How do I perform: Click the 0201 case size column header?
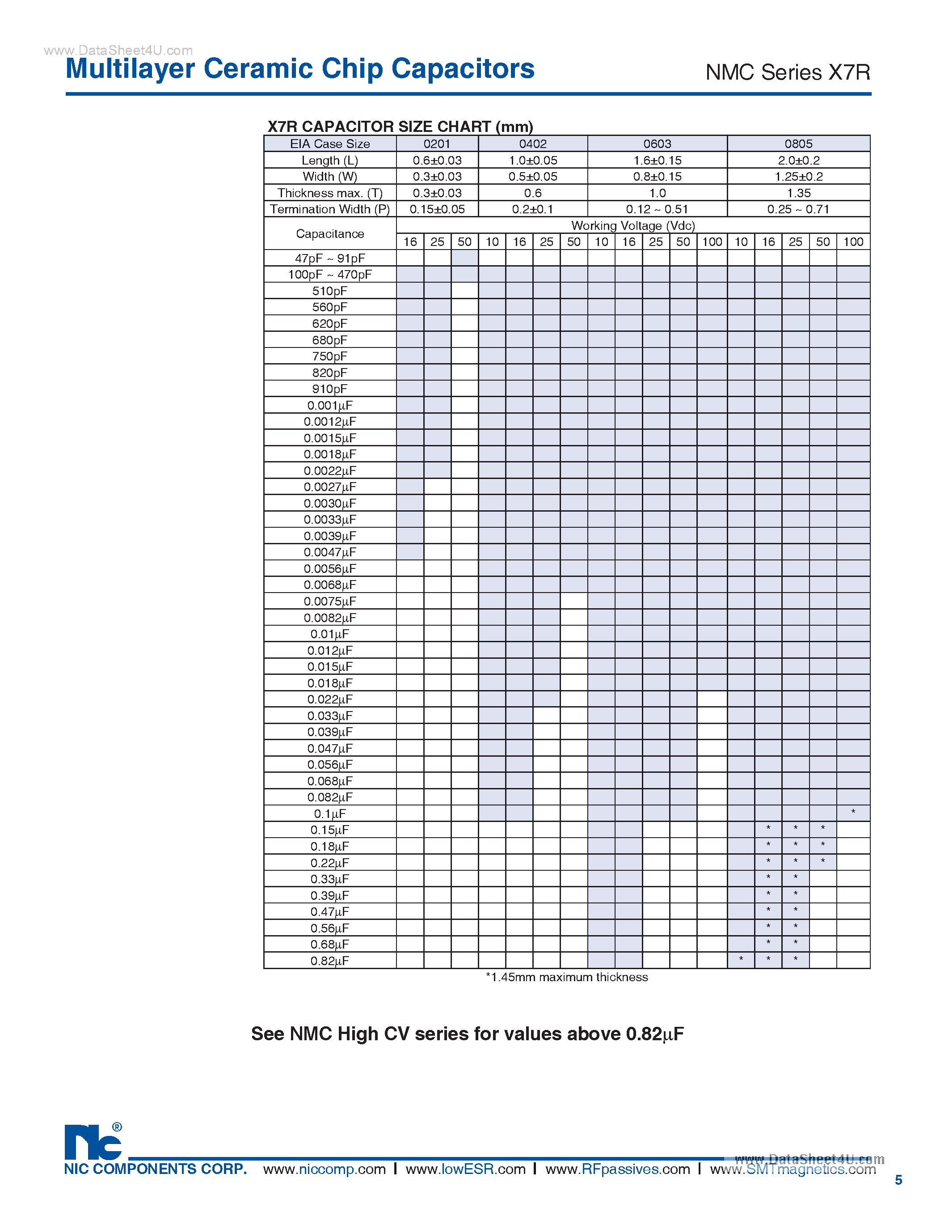click(437, 144)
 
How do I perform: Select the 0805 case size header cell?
click(798, 144)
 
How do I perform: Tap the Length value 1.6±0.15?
click(657, 161)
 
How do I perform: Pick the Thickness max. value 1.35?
click(798, 193)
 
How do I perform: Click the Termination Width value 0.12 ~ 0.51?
click(657, 209)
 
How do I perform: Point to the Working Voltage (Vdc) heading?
click(633, 225)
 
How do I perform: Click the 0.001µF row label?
click(329, 405)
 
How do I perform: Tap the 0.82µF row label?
click(329, 961)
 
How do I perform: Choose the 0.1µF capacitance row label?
click(329, 814)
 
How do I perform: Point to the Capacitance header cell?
click(329, 234)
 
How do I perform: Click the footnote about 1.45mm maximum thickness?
click(566, 977)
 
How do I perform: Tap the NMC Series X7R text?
click(788, 72)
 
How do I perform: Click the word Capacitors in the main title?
click(463, 69)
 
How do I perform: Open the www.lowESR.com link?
click(465, 1169)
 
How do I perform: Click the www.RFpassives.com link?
click(617, 1169)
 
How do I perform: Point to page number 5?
click(898, 1180)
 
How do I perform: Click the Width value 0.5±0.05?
click(532, 177)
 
